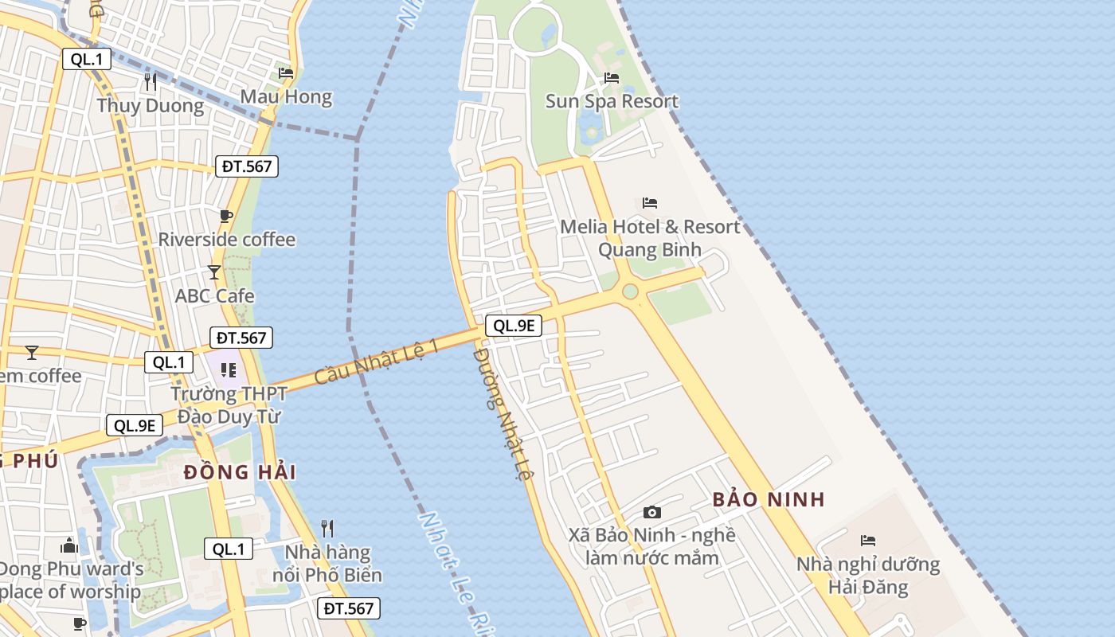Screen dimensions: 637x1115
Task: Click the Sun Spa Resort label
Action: click(x=612, y=101)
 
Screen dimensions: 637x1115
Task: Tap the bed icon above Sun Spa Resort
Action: click(x=612, y=78)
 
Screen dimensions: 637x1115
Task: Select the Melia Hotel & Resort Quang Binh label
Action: click(x=650, y=238)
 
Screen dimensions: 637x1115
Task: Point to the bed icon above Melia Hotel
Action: click(x=650, y=203)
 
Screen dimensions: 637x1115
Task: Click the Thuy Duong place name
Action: click(x=151, y=106)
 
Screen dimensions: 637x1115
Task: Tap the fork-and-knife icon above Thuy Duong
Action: click(x=151, y=81)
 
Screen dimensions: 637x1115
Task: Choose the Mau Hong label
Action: click(x=286, y=97)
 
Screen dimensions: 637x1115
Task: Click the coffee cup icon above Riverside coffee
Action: click(x=226, y=216)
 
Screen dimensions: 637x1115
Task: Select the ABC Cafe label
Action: click(x=215, y=296)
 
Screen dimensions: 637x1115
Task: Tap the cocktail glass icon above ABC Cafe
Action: click(x=213, y=272)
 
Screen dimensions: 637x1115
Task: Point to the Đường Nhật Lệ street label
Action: click(x=502, y=413)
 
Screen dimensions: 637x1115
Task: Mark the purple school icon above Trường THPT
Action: click(x=229, y=370)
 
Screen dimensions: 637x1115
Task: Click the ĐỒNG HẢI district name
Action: click(x=240, y=472)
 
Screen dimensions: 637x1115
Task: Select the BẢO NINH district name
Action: click(x=769, y=500)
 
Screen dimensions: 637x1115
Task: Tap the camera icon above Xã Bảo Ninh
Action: click(x=652, y=512)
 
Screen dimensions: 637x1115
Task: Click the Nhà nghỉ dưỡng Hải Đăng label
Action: click(x=868, y=576)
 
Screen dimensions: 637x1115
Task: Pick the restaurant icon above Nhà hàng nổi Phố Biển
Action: click(x=327, y=528)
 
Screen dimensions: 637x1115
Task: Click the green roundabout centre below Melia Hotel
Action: click(x=630, y=292)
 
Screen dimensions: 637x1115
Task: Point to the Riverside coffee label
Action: click(x=227, y=240)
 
